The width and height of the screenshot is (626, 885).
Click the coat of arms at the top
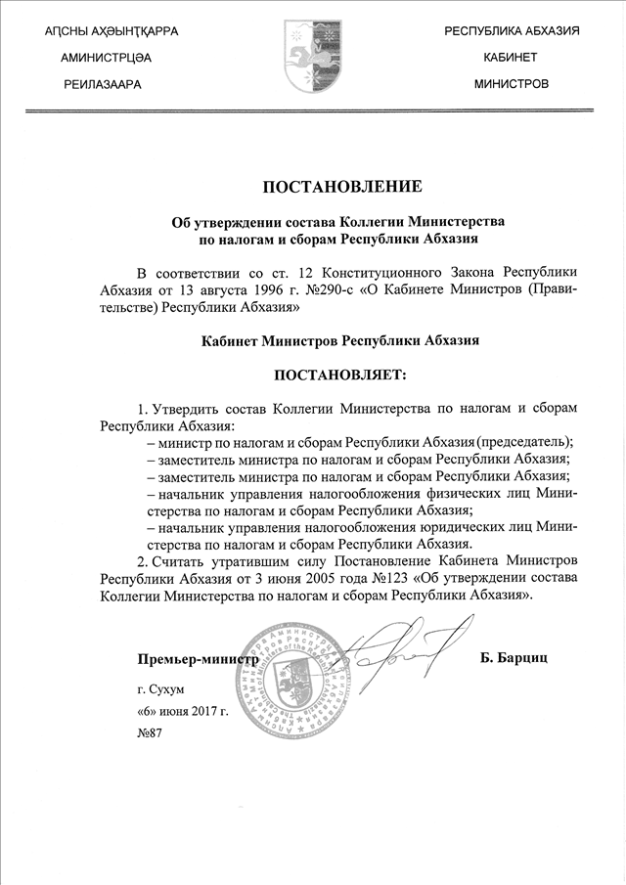click(313, 57)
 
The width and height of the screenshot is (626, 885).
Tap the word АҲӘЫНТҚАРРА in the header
click(133, 32)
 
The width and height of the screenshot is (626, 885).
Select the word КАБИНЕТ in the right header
click(512, 58)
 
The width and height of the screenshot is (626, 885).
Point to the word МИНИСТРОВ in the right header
click(512, 84)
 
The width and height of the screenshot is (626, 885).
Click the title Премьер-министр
click(197, 658)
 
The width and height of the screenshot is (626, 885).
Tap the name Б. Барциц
click(514, 658)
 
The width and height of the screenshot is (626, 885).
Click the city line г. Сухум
click(160, 689)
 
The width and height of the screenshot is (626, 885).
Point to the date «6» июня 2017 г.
click(183, 711)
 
